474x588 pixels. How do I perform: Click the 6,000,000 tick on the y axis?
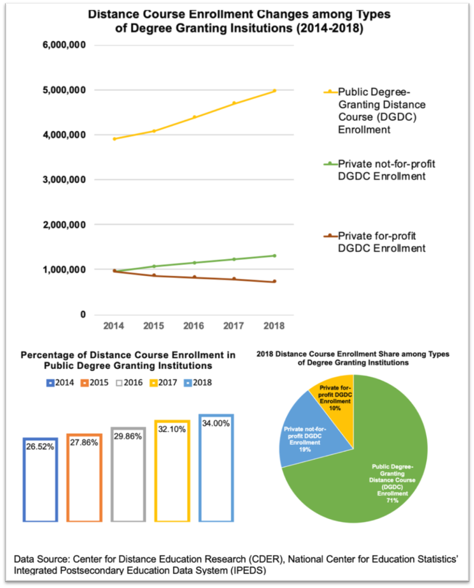(64, 45)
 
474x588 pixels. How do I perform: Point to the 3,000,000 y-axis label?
(64, 180)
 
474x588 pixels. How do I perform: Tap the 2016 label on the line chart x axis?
(193, 326)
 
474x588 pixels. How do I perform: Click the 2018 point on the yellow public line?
(274, 91)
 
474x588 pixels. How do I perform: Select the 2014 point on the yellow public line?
(114, 139)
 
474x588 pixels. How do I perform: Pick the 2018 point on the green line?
(274, 256)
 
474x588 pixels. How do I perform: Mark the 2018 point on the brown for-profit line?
(274, 281)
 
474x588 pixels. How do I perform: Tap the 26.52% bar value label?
(40, 447)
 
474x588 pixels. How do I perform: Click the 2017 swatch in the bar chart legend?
(153, 383)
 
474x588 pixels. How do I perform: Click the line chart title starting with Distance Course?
(239, 21)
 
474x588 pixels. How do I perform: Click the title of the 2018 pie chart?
(353, 358)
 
